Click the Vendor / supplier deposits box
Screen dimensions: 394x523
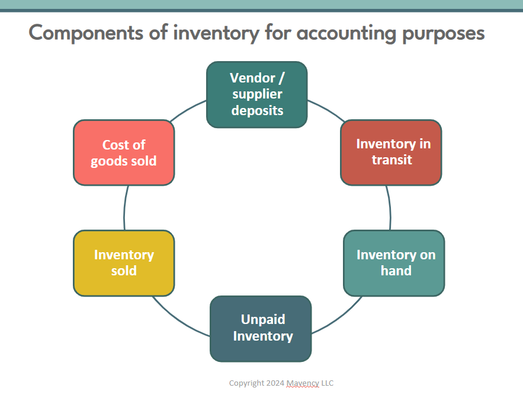256,94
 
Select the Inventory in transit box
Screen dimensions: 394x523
391,152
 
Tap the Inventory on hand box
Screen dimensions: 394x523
394,263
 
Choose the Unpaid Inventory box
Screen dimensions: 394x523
261,328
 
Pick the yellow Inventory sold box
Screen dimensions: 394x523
124,263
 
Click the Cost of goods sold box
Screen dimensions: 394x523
124,152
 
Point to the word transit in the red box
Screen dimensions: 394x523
392,160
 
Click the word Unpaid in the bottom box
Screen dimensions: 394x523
263,320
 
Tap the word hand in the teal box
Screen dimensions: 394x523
396,271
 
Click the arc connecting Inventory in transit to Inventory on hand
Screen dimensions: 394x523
389,208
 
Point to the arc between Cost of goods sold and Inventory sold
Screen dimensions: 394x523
125,208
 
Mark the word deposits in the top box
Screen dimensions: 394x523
257,110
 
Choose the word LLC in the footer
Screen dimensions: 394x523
326,383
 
